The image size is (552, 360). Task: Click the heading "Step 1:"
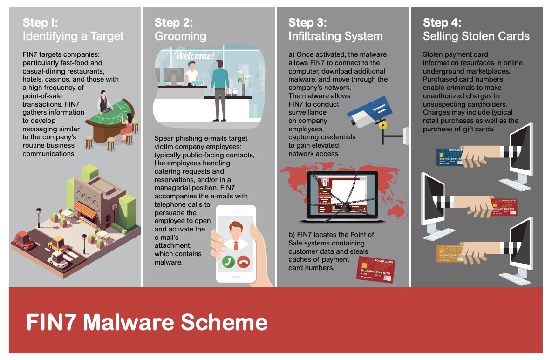pyautogui.click(x=40, y=22)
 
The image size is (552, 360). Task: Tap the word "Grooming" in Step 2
pyautogui.click(x=180, y=36)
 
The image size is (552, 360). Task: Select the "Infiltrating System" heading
pyautogui.click(x=335, y=36)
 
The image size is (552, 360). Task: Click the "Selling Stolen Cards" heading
pyautogui.click(x=476, y=36)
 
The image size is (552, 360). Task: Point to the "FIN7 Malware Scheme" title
pyautogui.click(x=147, y=322)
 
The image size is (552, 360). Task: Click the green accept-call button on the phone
pyautogui.click(x=228, y=262)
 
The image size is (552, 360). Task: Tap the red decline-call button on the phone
pyautogui.click(x=244, y=262)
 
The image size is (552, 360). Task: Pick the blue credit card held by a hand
pyautogui.click(x=450, y=157)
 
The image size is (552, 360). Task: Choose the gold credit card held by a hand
pyautogui.click(x=450, y=254)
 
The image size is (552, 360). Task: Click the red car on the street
pyautogui.click(x=24, y=240)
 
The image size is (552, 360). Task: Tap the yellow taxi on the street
pyautogui.click(x=58, y=244)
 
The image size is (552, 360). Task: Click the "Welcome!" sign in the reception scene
pyautogui.click(x=194, y=55)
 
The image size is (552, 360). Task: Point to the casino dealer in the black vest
pyautogui.click(x=104, y=102)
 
